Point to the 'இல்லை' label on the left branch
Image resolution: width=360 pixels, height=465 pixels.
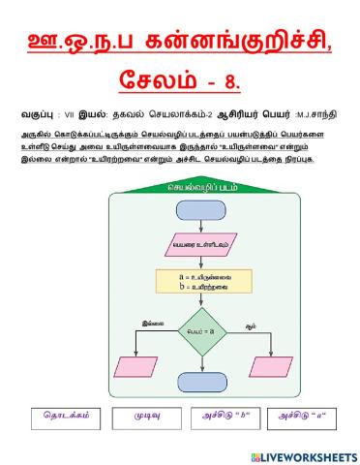(152, 313)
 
